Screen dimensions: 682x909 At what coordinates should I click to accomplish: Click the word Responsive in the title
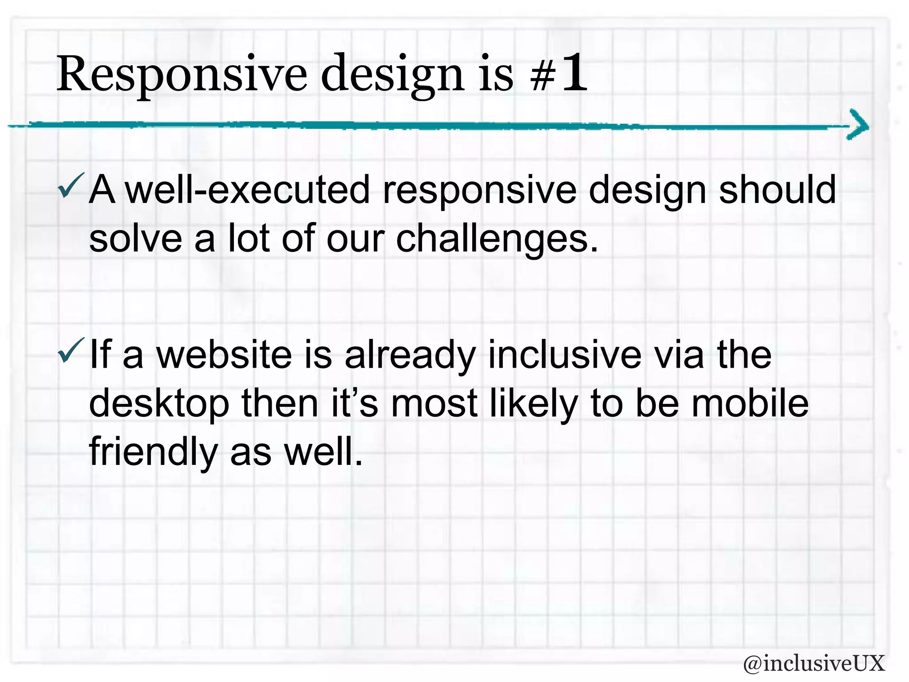click(181, 75)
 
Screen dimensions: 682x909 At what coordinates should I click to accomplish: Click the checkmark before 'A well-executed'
click(70, 186)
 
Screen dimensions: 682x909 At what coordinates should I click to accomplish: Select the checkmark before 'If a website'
click(70, 351)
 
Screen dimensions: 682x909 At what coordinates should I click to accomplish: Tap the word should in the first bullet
click(777, 190)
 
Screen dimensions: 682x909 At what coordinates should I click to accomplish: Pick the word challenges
click(496, 239)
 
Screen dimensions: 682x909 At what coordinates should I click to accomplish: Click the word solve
click(135, 239)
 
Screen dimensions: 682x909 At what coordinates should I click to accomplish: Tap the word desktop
click(159, 404)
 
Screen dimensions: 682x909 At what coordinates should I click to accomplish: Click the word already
click(410, 356)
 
